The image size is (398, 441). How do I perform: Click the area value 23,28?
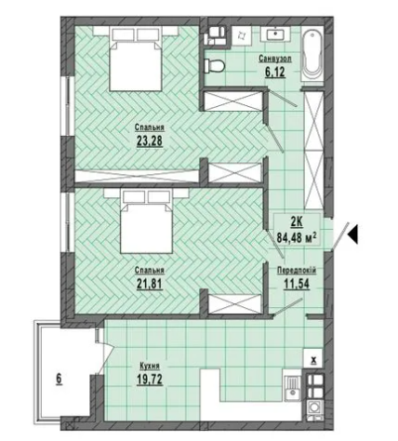[x=150, y=141]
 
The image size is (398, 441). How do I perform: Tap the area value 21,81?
[x=150, y=284]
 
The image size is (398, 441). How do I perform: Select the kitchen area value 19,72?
[x=150, y=380]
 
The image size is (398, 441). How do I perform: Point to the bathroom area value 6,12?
[x=275, y=72]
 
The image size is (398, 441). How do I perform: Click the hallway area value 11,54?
[x=297, y=284]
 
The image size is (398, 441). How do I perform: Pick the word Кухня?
[x=150, y=367]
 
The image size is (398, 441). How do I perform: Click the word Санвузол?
[x=275, y=59]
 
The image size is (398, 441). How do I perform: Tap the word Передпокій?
[x=297, y=271]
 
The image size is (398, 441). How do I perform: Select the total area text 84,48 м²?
[x=297, y=238]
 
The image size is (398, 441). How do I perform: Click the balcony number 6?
[x=59, y=379]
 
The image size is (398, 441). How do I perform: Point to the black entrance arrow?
[x=353, y=234]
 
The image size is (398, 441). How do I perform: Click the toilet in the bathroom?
[x=215, y=66]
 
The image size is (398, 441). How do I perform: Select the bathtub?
[x=313, y=56]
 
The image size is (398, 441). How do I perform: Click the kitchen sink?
[x=292, y=385]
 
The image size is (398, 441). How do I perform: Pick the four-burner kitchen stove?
[x=314, y=385]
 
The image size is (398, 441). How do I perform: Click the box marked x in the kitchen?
[x=313, y=358]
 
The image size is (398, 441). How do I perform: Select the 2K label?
[x=296, y=222]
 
